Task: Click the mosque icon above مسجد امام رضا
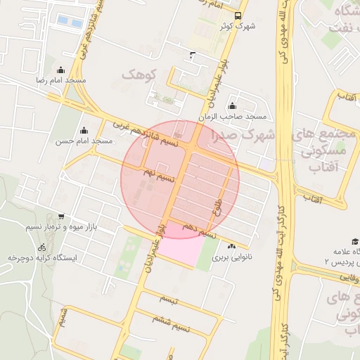[x=60, y=70]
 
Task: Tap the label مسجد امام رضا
[x=61, y=81]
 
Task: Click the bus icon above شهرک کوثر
[x=238, y=14]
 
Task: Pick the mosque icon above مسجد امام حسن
[x=84, y=129]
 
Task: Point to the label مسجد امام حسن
[x=84, y=141]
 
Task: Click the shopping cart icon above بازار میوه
[x=62, y=217]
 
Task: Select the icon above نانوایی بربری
[x=232, y=246]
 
